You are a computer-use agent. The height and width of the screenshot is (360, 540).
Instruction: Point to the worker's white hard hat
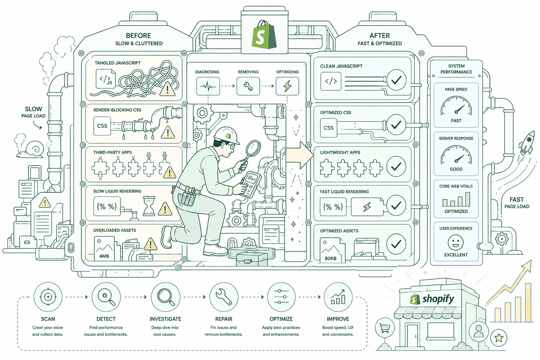click(x=227, y=136)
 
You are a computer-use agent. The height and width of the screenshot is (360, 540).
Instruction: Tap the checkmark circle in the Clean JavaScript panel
click(x=396, y=80)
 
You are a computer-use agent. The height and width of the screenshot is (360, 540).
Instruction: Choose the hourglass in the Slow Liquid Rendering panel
click(x=149, y=206)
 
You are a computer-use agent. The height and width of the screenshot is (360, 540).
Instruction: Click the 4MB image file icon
click(x=104, y=249)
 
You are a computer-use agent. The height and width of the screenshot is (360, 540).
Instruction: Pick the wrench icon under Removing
click(x=248, y=86)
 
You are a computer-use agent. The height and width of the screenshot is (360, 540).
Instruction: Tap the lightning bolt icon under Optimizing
click(x=287, y=86)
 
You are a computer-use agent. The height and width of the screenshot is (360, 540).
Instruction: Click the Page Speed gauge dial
click(x=456, y=106)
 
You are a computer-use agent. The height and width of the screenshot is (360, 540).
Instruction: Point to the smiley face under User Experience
click(x=456, y=243)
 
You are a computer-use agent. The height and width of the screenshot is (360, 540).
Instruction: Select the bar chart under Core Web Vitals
click(x=456, y=199)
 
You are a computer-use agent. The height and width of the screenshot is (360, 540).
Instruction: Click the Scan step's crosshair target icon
click(x=48, y=297)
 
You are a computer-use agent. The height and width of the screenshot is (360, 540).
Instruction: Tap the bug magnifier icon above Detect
click(x=106, y=297)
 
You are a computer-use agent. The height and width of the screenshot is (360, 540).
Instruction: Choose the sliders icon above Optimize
click(x=281, y=297)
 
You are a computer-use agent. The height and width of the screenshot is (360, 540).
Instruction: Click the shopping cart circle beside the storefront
click(x=385, y=328)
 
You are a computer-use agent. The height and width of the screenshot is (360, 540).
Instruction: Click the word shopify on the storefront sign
click(x=438, y=299)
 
